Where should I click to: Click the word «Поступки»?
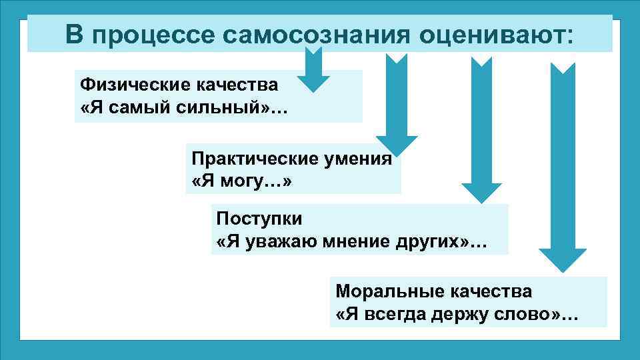click(x=259, y=219)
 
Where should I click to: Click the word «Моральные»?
click(x=384, y=293)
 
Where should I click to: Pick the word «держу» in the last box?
click(x=463, y=314)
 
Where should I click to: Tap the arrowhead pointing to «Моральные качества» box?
click(x=562, y=259)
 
